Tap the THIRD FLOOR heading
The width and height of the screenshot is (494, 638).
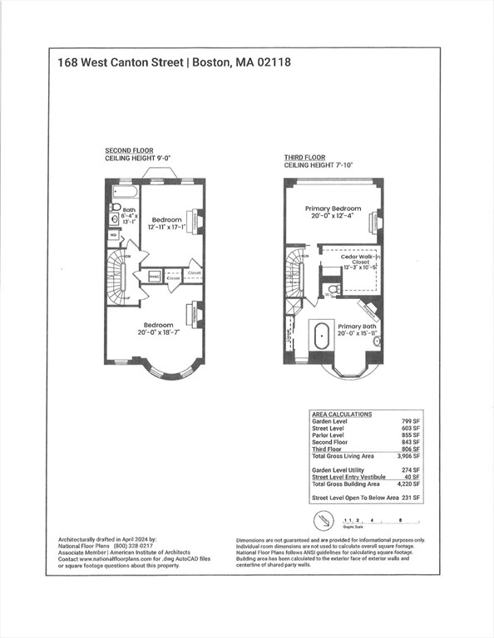(x=304, y=158)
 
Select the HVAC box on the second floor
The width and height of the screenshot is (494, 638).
(x=154, y=276)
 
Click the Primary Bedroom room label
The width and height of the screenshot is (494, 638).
(x=333, y=209)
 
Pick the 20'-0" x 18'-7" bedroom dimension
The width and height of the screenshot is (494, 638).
(x=158, y=333)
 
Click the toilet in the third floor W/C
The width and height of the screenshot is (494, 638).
(x=333, y=289)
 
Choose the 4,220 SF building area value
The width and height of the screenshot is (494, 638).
(x=407, y=483)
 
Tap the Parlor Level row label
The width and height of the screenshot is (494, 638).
(x=329, y=435)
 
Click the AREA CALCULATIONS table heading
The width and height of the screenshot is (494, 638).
(x=341, y=414)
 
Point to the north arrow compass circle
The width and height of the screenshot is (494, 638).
(x=325, y=521)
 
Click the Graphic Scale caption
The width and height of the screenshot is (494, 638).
(x=355, y=527)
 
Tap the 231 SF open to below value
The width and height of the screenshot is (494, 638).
(x=410, y=497)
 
